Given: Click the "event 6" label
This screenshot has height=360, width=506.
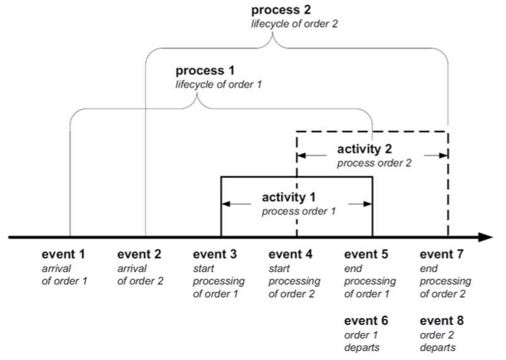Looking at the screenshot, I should point(366,320).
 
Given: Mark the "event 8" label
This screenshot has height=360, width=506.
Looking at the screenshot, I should point(442,320).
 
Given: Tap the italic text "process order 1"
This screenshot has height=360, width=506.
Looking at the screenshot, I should point(295,211).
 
